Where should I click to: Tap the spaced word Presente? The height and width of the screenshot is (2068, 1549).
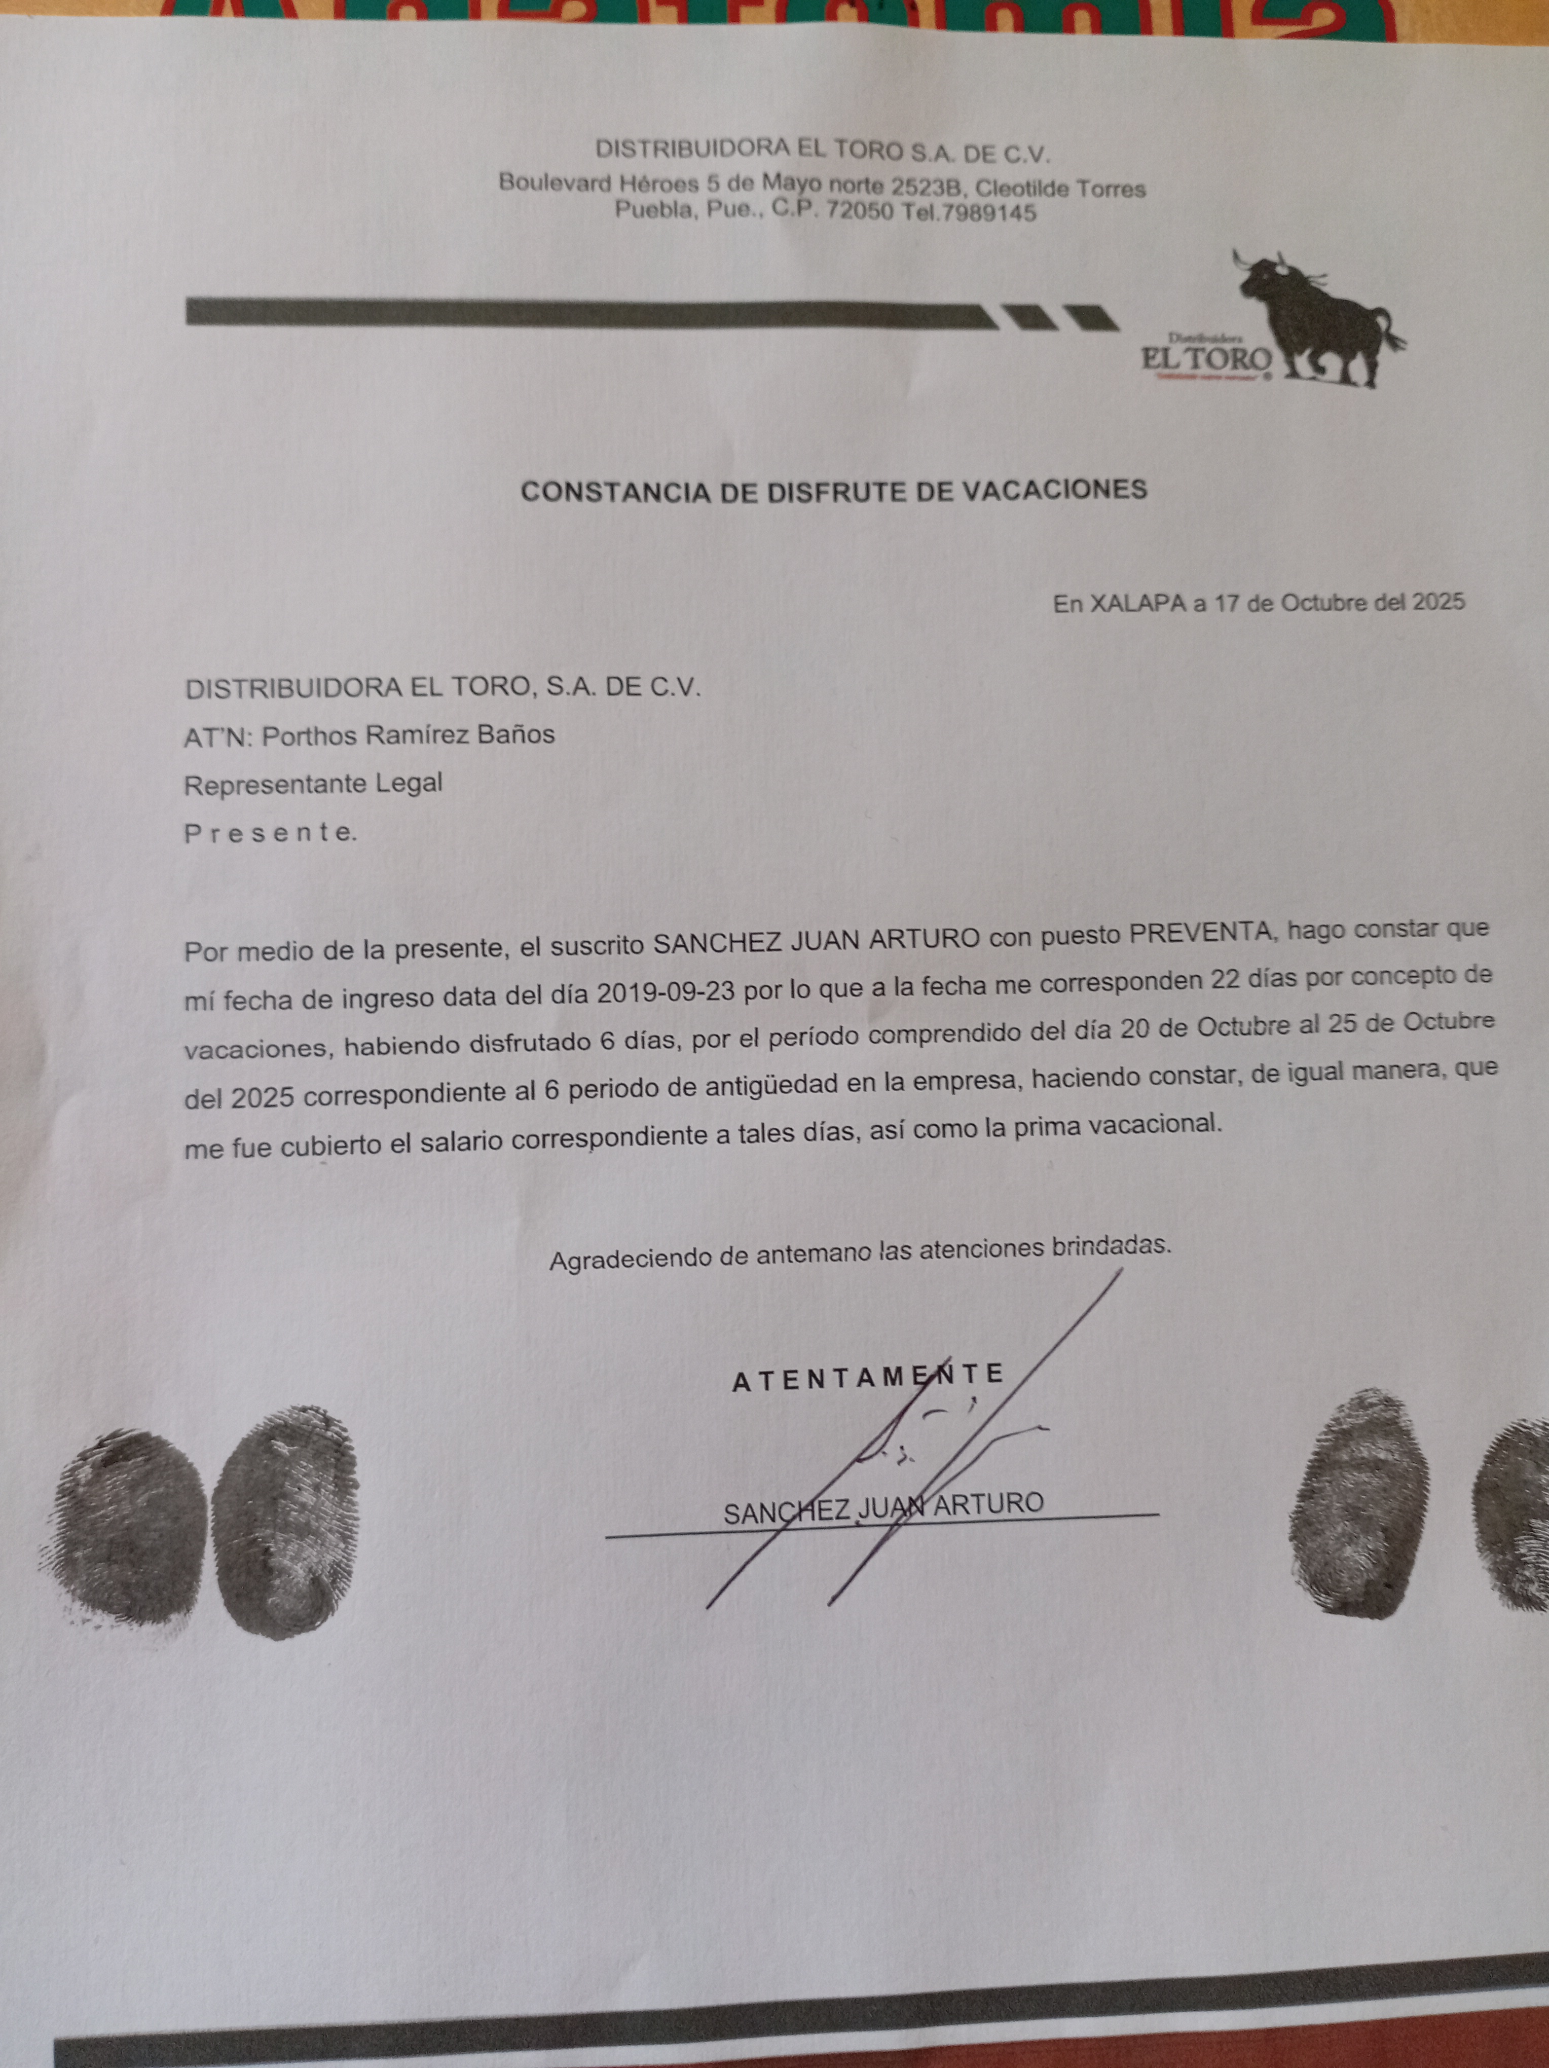point(269,833)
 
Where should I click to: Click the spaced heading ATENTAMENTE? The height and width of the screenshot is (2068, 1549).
point(868,1378)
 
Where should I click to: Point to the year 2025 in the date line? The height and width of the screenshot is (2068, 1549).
point(1438,602)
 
